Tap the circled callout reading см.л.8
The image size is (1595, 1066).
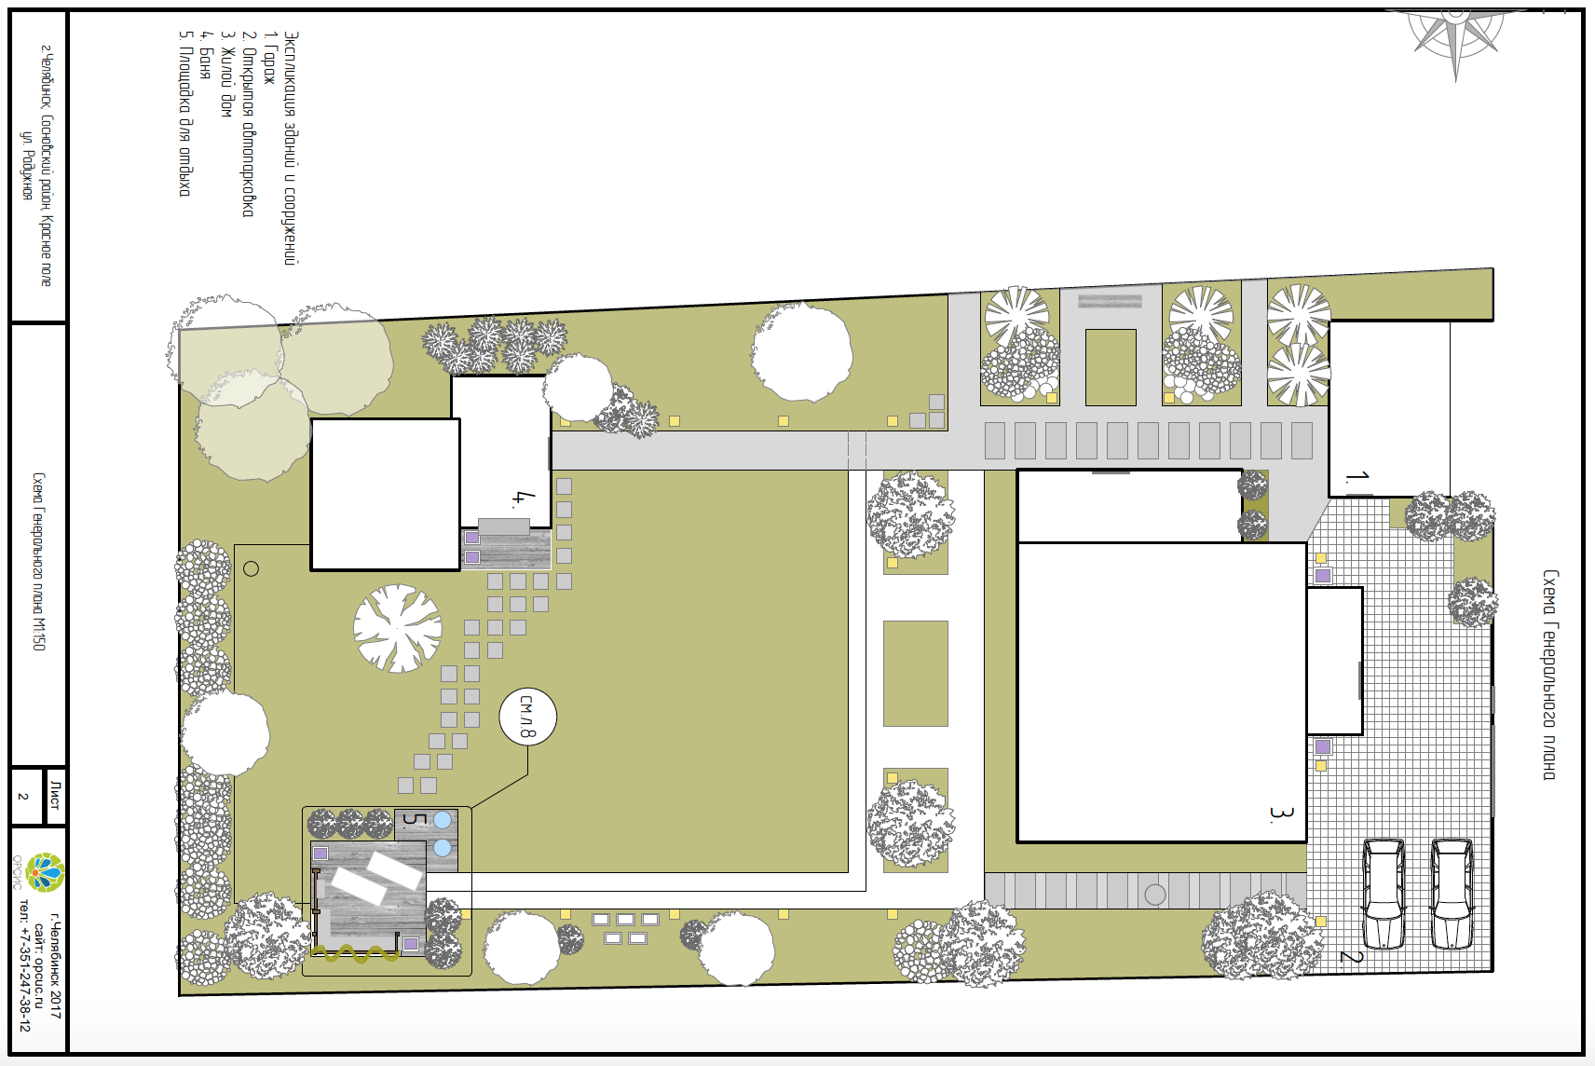pos(527,717)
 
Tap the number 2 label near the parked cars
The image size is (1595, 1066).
pos(1352,956)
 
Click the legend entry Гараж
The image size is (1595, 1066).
pos(269,58)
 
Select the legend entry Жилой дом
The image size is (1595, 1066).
pos(226,74)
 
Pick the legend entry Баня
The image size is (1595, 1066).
pos(206,54)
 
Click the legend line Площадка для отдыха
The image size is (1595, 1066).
pos(184,114)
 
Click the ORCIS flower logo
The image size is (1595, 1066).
pos(45,872)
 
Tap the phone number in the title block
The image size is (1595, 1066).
pos(24,964)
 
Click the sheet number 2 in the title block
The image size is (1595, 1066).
pos(24,796)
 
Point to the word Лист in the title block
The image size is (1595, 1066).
pos(56,796)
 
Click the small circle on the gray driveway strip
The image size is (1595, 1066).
pos(1155,895)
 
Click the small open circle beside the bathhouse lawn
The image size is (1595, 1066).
pos(252,569)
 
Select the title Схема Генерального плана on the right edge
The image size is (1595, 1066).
pos(1550,675)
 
